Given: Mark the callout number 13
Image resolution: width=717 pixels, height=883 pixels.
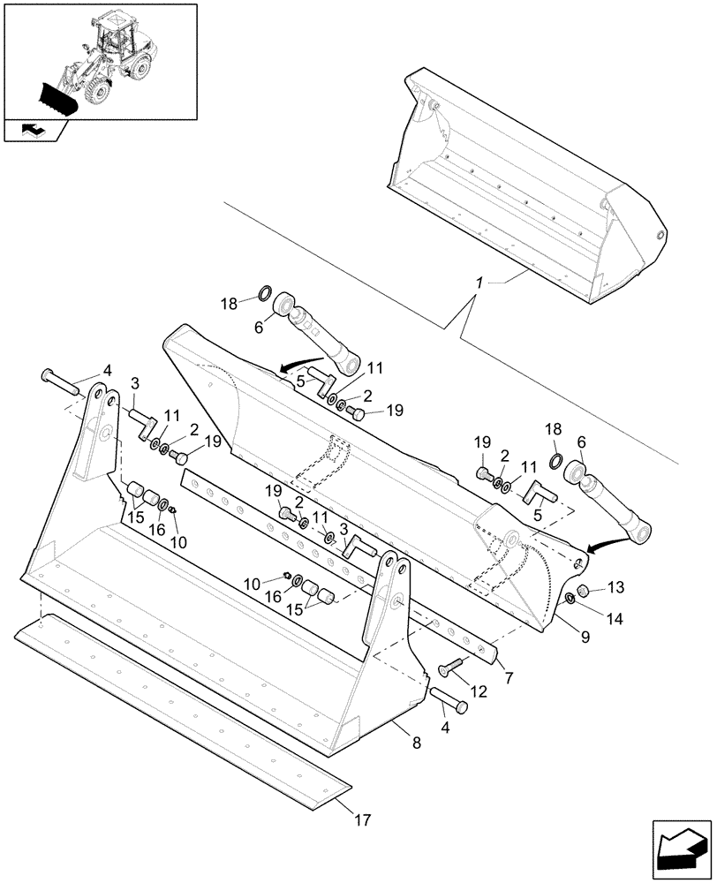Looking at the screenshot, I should (615, 587).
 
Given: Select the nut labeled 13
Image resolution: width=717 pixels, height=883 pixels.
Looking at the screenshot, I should (583, 590).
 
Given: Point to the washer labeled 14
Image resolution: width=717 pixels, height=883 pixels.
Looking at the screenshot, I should (570, 600).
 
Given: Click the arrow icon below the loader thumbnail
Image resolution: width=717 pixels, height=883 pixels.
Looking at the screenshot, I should (33, 131).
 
